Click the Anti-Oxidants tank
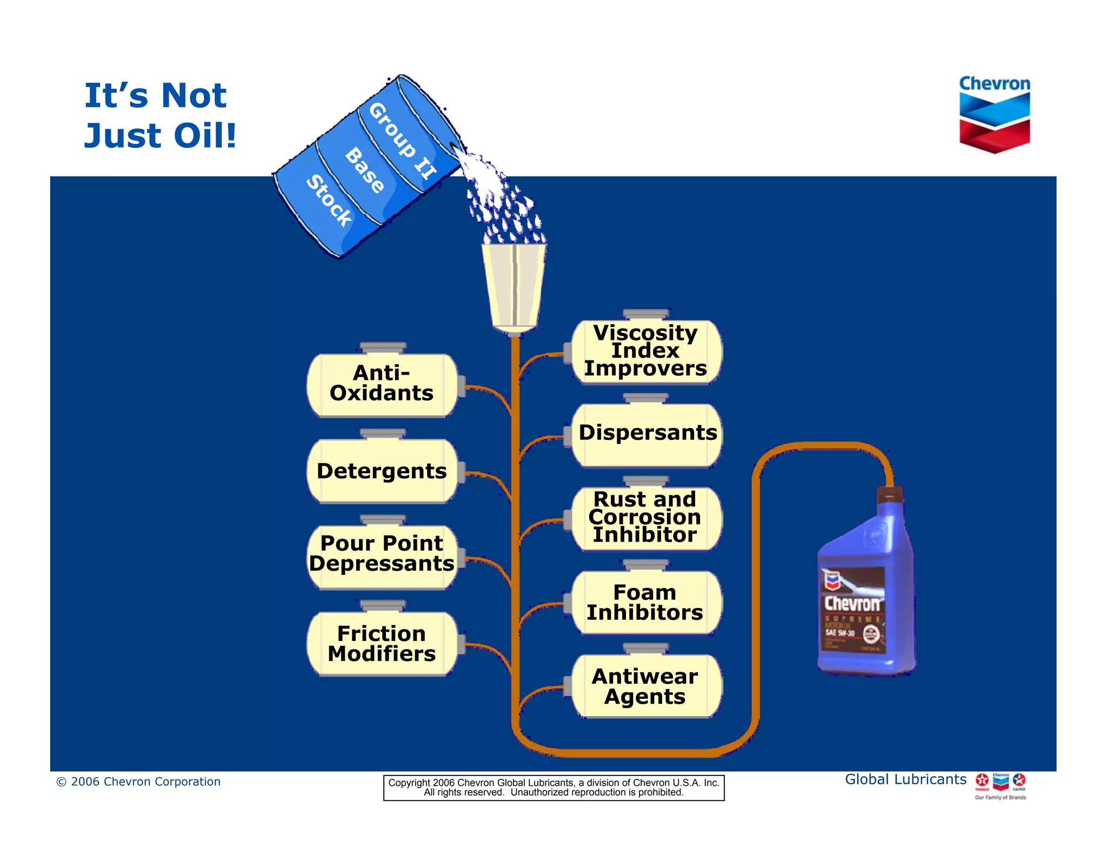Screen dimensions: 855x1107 tap(382, 384)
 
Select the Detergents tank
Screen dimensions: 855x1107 tap(382, 471)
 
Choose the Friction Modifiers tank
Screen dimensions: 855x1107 tap(382, 643)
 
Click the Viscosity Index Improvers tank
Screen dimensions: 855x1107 tap(646, 351)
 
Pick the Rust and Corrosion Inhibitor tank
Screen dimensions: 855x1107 tap(646, 518)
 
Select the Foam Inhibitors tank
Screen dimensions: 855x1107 tap(646, 603)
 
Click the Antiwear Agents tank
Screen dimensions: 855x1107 tap(646, 686)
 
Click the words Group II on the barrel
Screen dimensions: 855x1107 tap(402, 141)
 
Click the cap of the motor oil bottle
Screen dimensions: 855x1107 tap(890, 494)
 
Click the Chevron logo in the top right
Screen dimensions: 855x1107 tap(995, 114)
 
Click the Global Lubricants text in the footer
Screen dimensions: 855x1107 tap(905, 779)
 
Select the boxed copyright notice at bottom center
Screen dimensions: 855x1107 tap(553, 787)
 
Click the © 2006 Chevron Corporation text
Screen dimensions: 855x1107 tap(138, 781)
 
